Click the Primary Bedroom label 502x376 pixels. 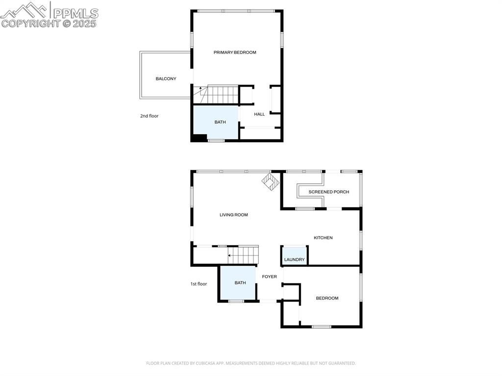click(235, 52)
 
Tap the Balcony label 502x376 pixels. click(166, 79)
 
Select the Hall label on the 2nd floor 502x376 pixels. click(259, 114)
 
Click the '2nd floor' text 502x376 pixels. click(149, 116)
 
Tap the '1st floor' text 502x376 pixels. click(199, 284)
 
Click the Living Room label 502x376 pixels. click(233, 215)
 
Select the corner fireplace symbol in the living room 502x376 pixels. click(270, 181)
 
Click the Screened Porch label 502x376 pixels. click(328, 192)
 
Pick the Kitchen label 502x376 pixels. click(323, 238)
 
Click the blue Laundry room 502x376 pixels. click(294, 256)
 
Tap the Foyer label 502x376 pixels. click(269, 276)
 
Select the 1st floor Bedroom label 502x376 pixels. click(327, 298)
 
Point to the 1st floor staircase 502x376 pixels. click(243, 255)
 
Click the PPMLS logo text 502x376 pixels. click(75, 13)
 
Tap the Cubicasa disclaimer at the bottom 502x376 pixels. click(251, 363)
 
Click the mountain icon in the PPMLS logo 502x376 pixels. click(25, 10)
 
